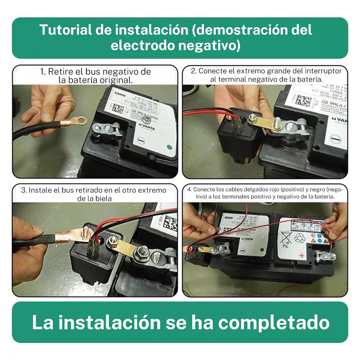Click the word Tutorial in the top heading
(65, 30)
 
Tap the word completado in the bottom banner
(274, 322)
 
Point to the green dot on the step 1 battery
(169, 147)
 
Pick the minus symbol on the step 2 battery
(335, 139)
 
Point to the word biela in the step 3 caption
(103, 199)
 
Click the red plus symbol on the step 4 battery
(302, 255)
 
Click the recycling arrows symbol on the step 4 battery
(299, 238)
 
